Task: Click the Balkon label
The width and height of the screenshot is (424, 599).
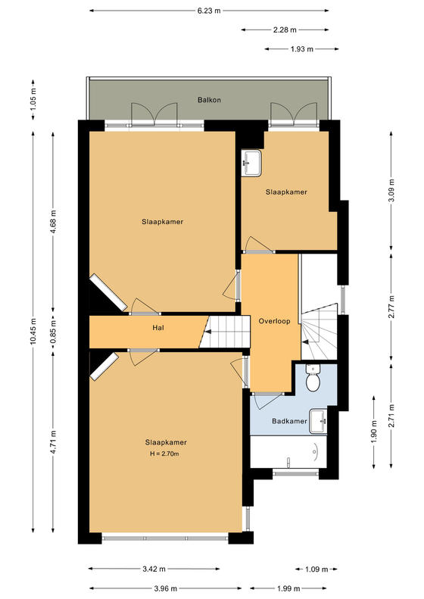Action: tap(209, 100)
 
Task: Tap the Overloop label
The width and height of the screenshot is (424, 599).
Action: tap(274, 321)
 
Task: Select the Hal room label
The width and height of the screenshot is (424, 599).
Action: tap(158, 328)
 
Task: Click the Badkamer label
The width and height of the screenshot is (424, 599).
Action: tap(289, 421)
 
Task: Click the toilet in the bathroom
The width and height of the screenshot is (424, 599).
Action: tap(313, 378)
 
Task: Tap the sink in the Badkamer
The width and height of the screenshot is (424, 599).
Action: tap(318, 421)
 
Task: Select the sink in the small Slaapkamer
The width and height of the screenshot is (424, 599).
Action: tap(251, 163)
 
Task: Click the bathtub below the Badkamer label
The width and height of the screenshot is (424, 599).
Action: tap(288, 451)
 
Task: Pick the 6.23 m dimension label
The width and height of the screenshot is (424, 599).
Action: tap(209, 11)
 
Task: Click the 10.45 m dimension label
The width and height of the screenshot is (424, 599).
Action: tap(33, 331)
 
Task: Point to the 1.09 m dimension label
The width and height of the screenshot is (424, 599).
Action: tap(316, 569)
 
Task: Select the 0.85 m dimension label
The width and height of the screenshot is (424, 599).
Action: tap(53, 331)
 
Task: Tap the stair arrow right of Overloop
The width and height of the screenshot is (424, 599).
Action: tap(306, 342)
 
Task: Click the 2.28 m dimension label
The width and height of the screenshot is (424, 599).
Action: tap(285, 30)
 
